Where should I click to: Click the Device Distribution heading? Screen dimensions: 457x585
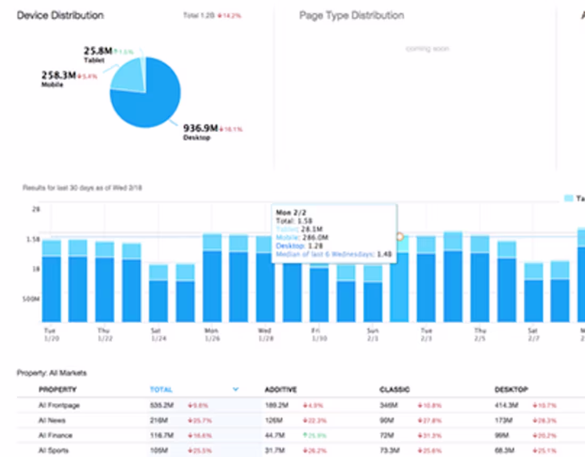point(60,15)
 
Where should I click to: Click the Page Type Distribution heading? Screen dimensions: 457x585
point(352,15)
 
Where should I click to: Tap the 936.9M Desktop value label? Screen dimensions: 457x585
point(200,128)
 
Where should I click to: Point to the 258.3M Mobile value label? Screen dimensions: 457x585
point(59,75)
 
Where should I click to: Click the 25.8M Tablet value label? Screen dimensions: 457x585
point(98,51)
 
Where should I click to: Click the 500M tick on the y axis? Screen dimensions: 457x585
point(32,299)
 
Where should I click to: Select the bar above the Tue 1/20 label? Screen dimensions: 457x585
point(52,282)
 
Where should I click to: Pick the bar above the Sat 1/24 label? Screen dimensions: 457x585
point(158,293)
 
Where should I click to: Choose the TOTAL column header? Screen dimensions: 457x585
point(161,390)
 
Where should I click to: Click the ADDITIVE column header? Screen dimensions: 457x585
point(281,390)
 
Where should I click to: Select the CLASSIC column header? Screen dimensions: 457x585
point(394,390)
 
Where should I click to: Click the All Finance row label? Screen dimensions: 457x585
point(55,435)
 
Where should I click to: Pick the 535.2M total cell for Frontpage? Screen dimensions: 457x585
point(162,405)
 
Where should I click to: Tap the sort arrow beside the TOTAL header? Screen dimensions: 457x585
point(236,390)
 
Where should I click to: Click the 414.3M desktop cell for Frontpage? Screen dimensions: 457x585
point(506,405)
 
